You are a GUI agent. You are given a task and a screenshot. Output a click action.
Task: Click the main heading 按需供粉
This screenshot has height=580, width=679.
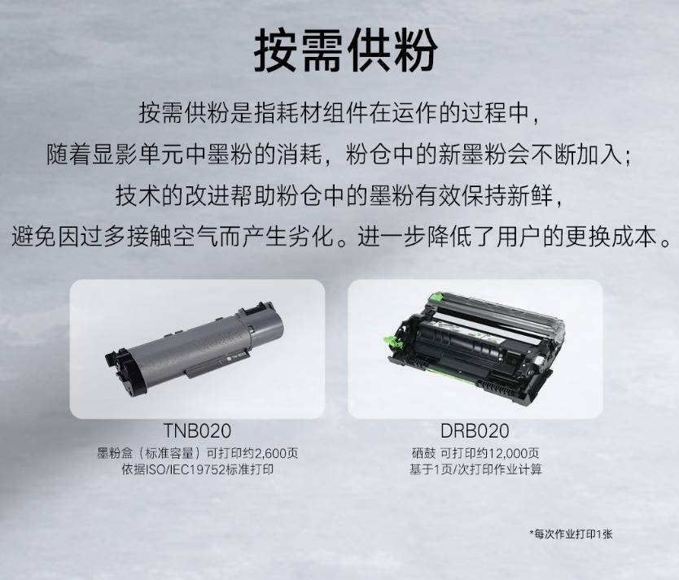point(345,50)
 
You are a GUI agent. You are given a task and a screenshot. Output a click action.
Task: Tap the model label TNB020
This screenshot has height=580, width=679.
point(197,431)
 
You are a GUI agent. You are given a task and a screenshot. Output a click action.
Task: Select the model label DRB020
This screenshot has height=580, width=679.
point(475,431)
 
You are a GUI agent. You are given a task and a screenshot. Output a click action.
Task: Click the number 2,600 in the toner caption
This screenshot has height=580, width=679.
point(271,453)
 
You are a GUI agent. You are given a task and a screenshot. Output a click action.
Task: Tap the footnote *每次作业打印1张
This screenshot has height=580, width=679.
point(572,534)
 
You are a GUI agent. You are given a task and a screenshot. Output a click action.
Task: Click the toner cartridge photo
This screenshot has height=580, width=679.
point(195,347)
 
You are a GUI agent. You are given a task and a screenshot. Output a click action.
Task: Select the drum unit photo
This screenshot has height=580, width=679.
point(475,348)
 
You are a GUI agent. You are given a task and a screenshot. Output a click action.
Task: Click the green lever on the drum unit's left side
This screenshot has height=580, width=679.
point(396,342)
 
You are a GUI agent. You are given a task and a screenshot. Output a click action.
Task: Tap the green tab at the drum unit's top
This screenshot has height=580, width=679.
point(436,297)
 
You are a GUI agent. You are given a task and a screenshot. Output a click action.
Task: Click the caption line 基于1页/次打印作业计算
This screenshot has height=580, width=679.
point(475,469)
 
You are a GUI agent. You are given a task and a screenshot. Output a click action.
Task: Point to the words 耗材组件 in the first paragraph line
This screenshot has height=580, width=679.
point(322,113)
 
